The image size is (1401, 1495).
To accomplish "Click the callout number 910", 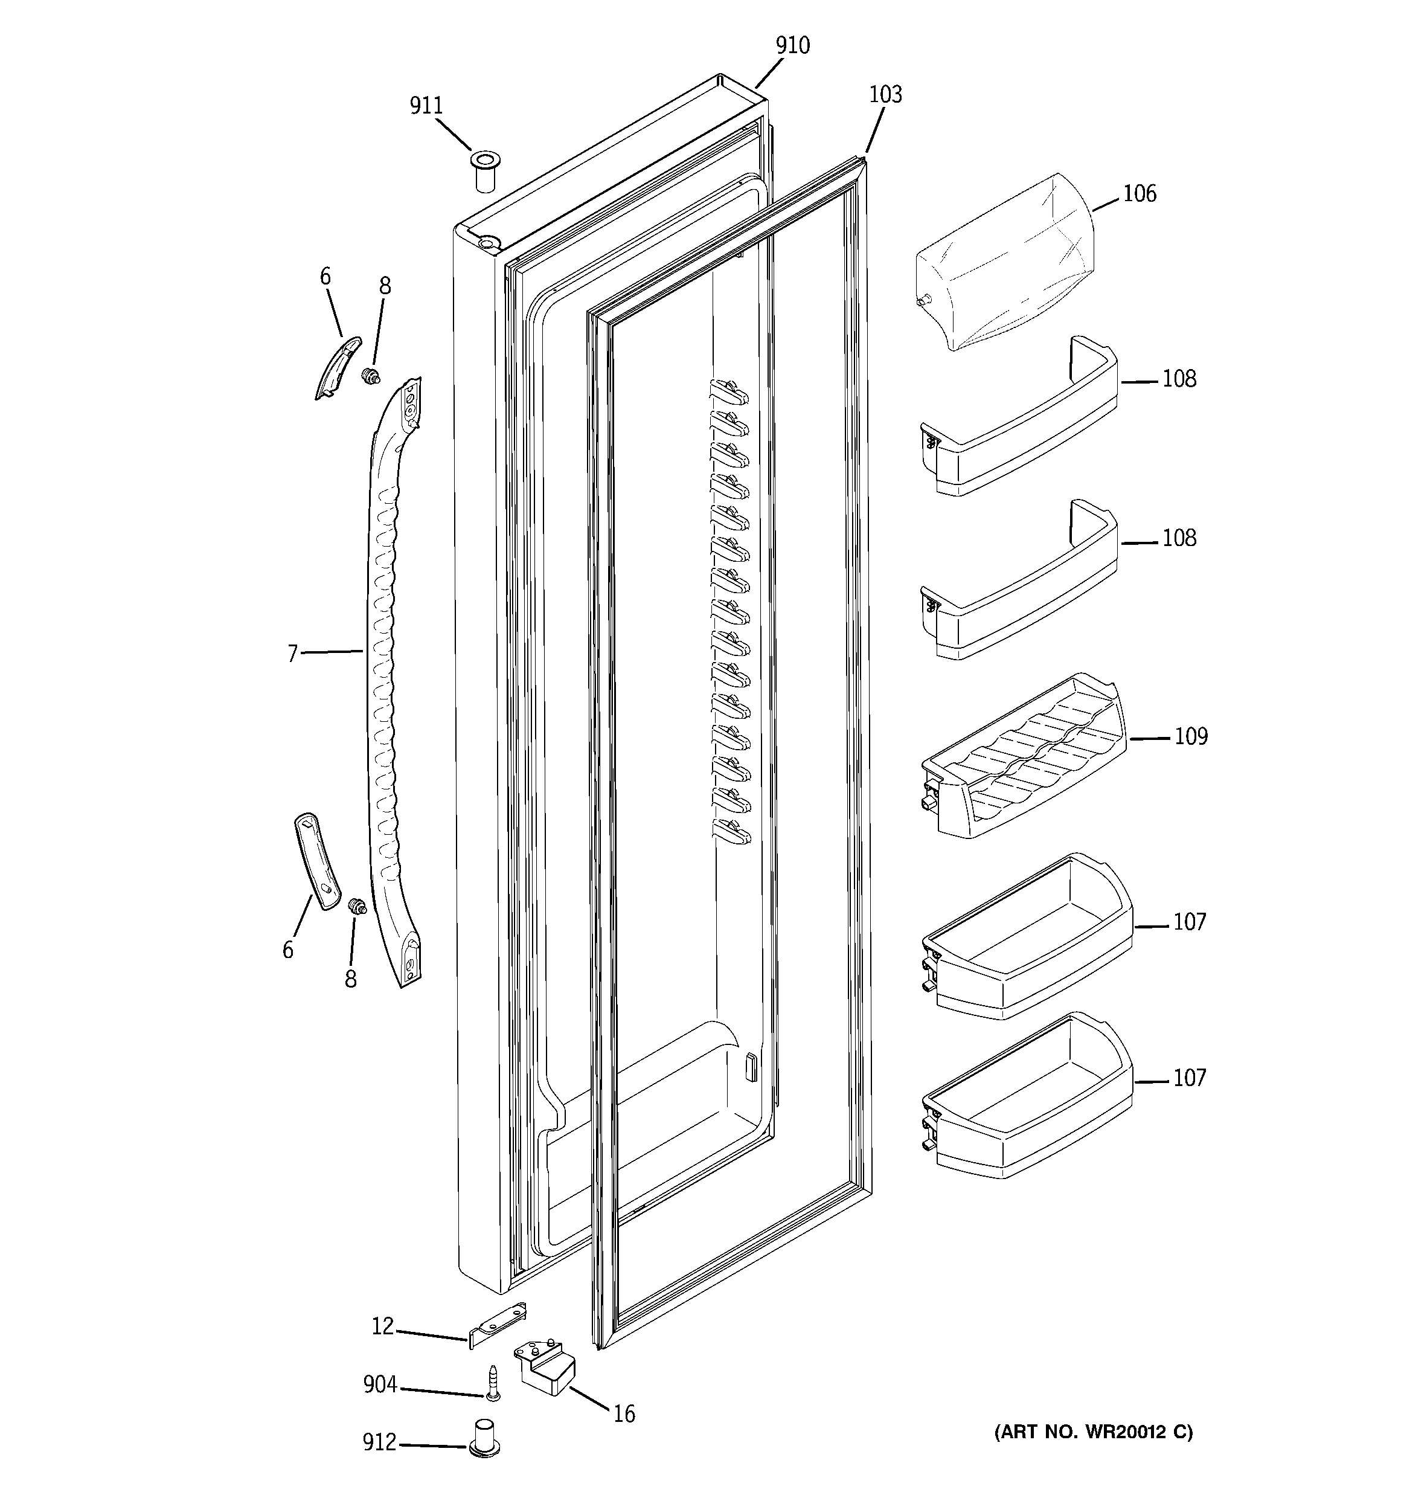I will [793, 47].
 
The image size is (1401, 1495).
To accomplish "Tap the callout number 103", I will [885, 95].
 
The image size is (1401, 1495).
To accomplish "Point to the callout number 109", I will [1190, 736].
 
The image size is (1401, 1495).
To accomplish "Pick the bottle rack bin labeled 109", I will [1023, 756].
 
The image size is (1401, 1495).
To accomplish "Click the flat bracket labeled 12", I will [497, 1327].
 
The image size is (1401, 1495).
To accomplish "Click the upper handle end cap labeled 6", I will [336, 367].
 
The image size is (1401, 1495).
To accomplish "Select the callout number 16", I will [623, 1415].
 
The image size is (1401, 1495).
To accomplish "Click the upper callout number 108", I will [1178, 379].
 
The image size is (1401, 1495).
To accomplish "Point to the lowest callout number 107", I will [1189, 1078].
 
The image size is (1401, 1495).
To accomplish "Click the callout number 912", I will [379, 1442].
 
